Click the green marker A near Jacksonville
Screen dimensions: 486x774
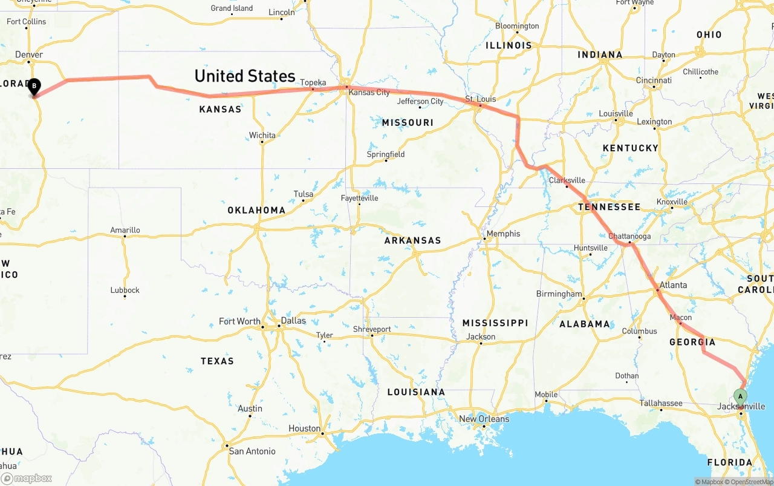point(740,396)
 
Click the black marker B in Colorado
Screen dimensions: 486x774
point(34,87)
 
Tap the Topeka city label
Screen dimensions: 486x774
point(313,82)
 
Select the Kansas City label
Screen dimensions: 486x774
point(369,93)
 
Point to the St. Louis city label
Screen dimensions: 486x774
point(480,99)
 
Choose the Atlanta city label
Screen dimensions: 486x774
point(673,285)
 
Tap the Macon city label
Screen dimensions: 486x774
point(681,317)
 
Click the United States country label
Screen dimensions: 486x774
point(244,76)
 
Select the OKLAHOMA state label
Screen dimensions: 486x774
point(256,210)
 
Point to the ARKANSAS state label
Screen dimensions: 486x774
point(413,240)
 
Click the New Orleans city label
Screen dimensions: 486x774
point(484,419)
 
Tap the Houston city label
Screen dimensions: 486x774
point(304,429)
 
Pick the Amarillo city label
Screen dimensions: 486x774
point(125,230)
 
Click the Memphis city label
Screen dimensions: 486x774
point(503,234)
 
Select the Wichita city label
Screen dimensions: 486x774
point(262,135)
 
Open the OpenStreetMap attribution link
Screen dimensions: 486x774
point(751,482)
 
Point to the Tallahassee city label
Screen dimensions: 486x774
point(661,403)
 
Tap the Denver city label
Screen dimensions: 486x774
point(29,54)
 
